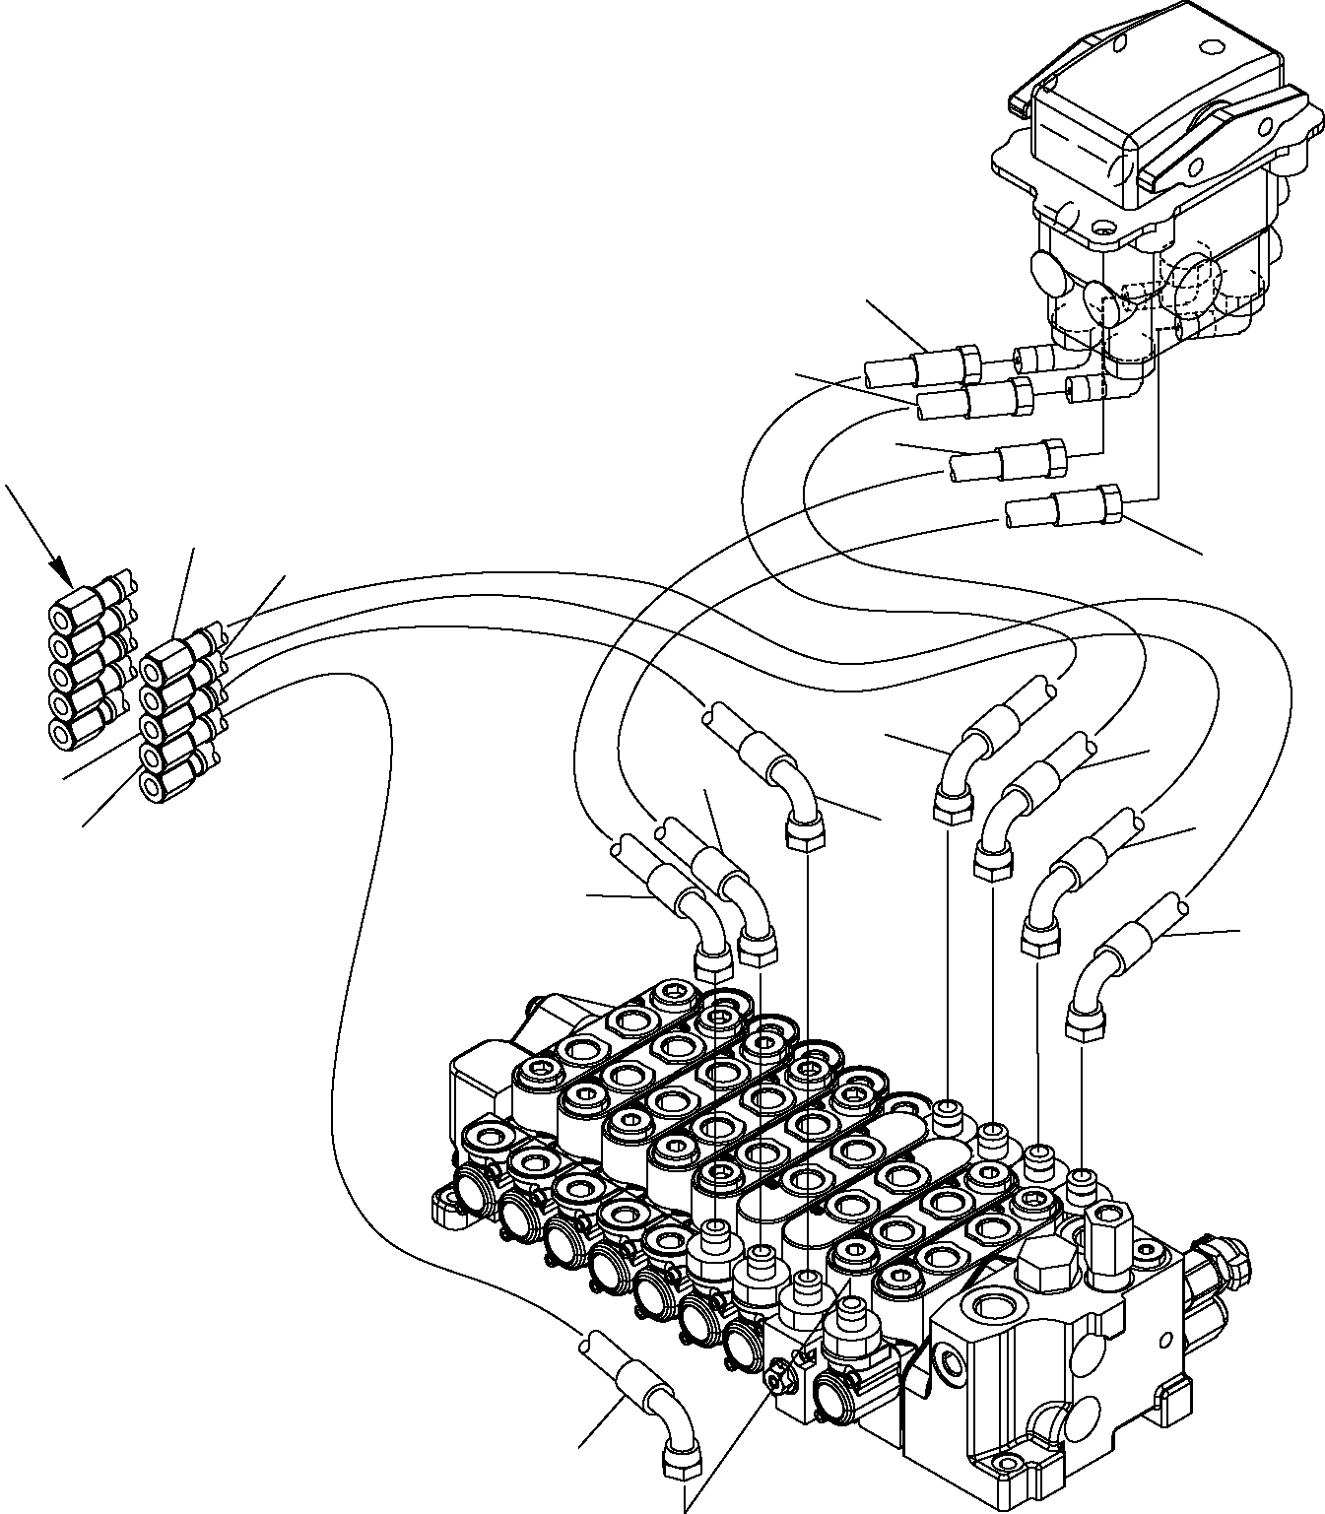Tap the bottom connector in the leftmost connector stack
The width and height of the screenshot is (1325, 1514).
(64, 731)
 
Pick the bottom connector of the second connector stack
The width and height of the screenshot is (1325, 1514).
(156, 785)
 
